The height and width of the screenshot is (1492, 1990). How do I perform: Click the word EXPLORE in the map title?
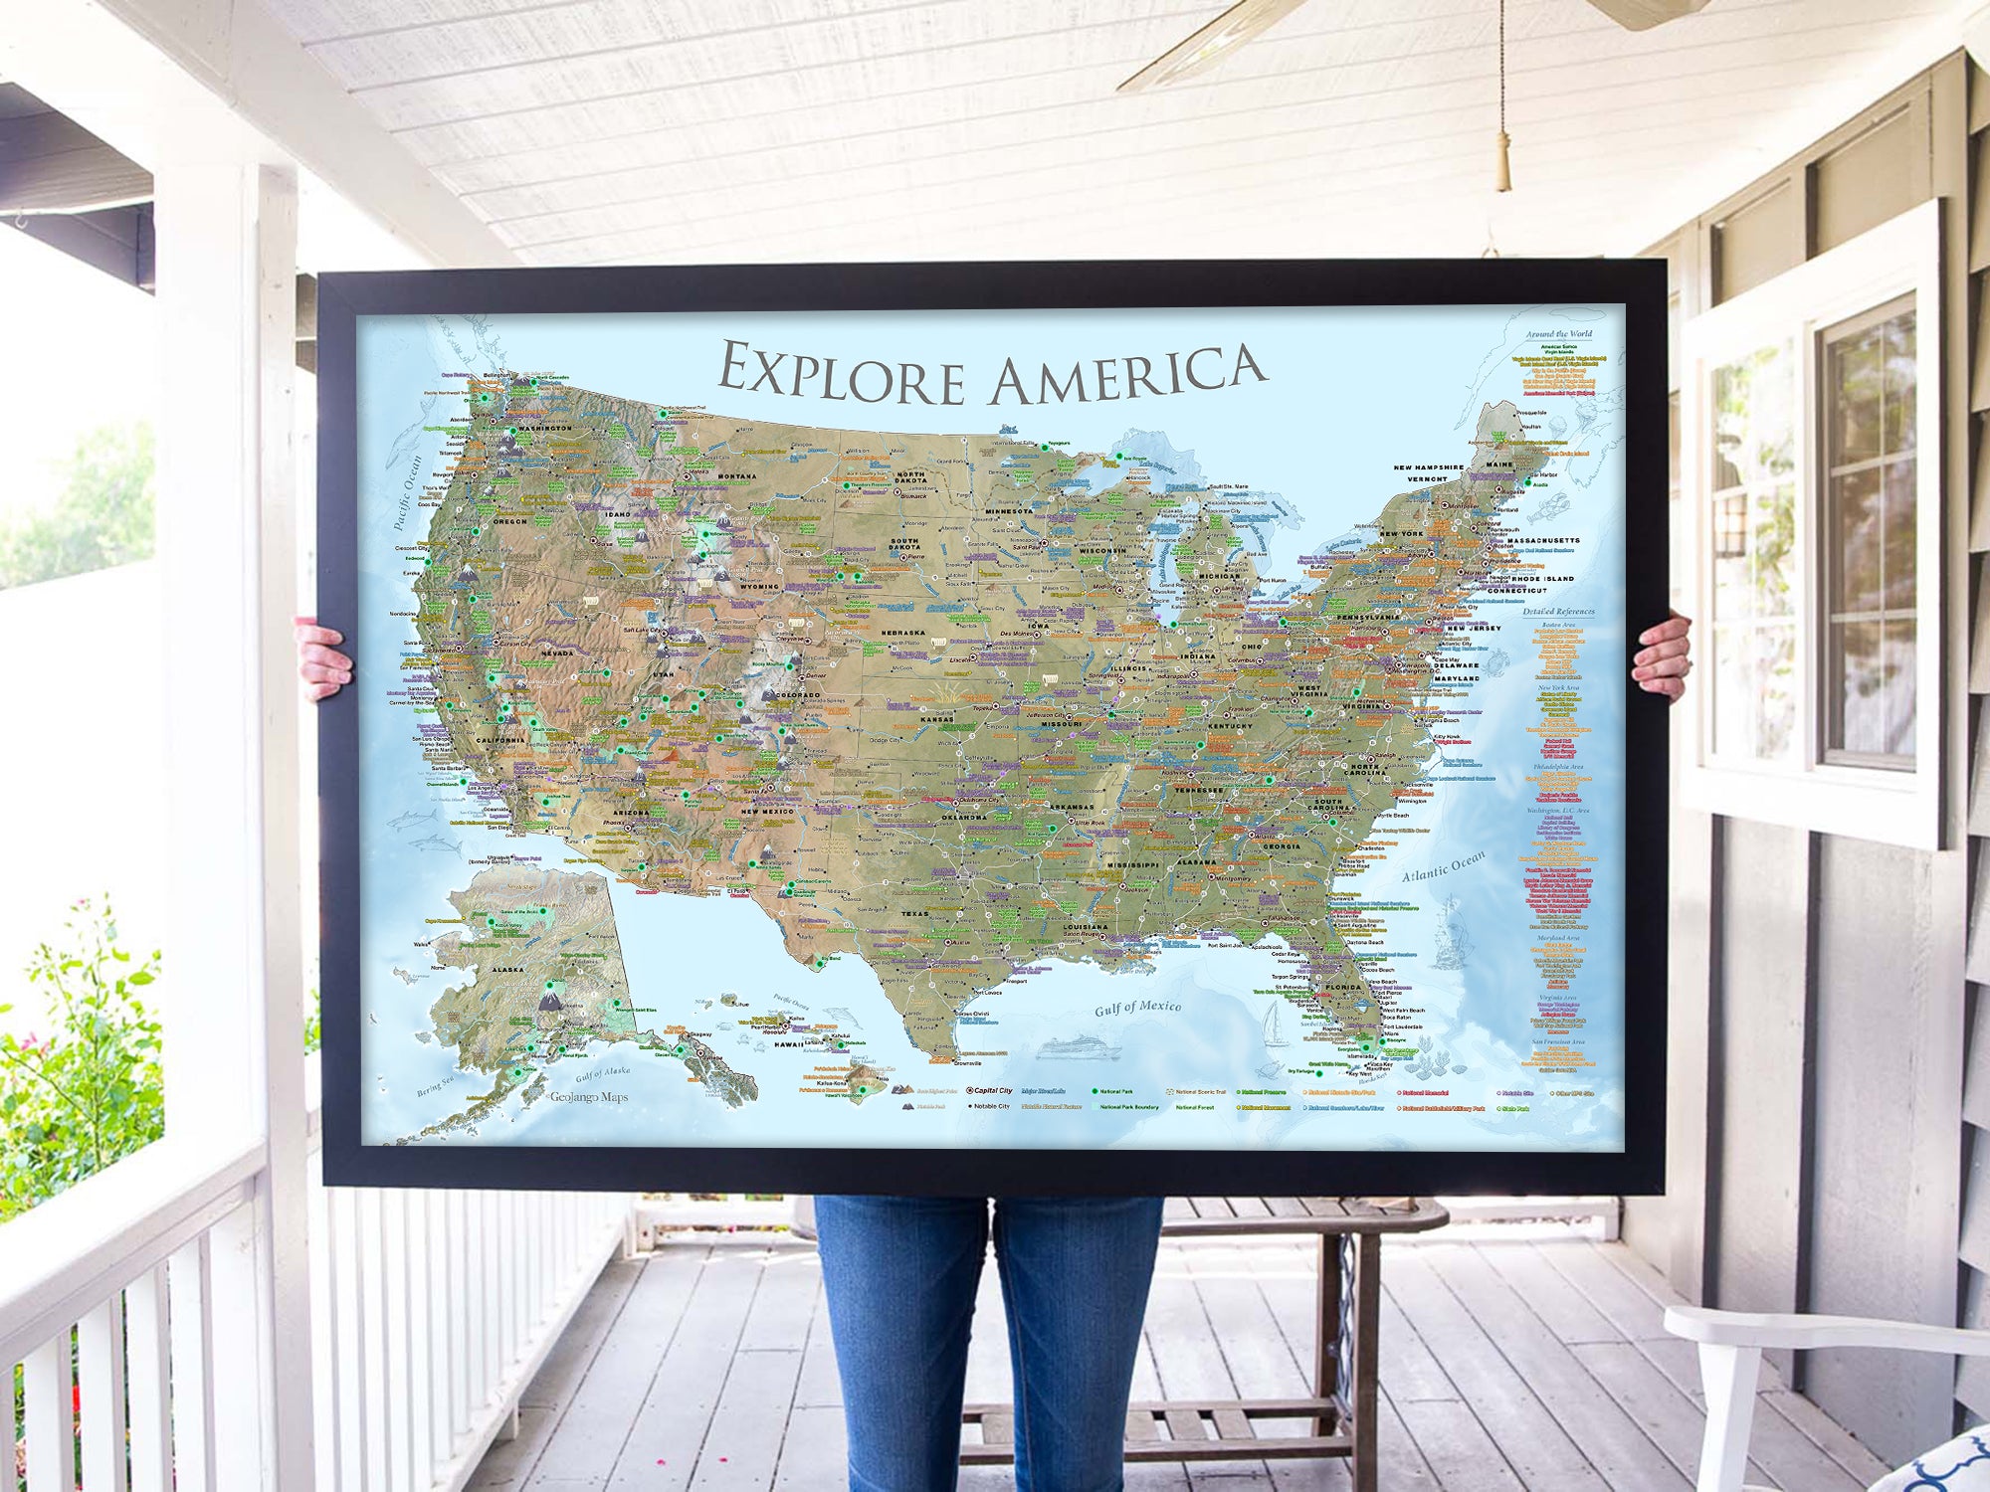coord(841,373)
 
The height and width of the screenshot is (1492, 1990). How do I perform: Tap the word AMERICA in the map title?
coord(1128,375)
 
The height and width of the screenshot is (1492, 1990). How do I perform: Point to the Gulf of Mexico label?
coord(1137,1008)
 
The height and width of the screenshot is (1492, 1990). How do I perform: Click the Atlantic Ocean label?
coord(1444,865)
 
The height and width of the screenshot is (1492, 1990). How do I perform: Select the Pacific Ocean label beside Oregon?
coord(407,492)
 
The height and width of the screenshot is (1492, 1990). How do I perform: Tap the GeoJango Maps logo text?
coord(589,1097)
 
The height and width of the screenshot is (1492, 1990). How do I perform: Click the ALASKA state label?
coord(507,969)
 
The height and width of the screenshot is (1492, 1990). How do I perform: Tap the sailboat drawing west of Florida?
coord(1275,1025)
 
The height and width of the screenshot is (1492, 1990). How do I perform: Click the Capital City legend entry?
coord(991,1090)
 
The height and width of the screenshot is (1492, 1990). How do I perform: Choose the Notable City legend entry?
coord(989,1105)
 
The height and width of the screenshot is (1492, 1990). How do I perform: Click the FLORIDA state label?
coord(1342,988)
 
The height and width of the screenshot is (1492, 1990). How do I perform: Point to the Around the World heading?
coord(1558,334)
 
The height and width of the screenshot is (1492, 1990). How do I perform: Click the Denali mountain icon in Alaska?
coord(549,1001)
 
